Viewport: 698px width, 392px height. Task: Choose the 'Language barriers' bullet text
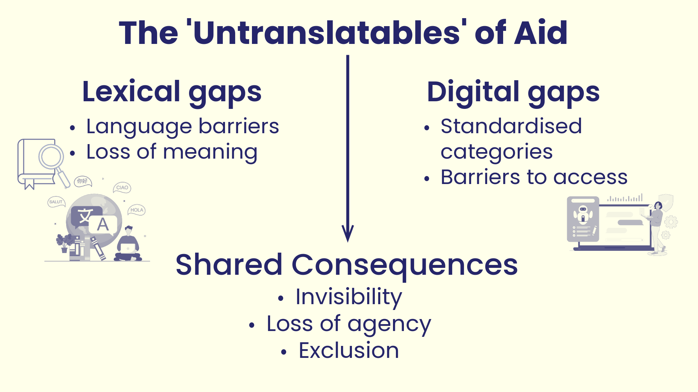[182, 127]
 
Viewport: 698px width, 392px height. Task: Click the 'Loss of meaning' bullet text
[172, 152]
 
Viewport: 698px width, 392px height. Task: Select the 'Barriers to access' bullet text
[534, 177]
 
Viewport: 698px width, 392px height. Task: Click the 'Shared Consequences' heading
[346, 266]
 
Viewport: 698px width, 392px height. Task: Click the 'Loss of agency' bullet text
[349, 324]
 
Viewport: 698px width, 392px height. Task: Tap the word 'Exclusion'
[349, 351]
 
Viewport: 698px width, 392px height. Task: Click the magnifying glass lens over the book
[51, 156]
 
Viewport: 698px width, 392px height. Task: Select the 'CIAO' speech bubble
[122, 188]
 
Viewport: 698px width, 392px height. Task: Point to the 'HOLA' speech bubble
[137, 210]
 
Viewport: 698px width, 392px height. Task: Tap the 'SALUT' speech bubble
[56, 202]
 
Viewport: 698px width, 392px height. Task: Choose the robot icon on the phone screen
[583, 214]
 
